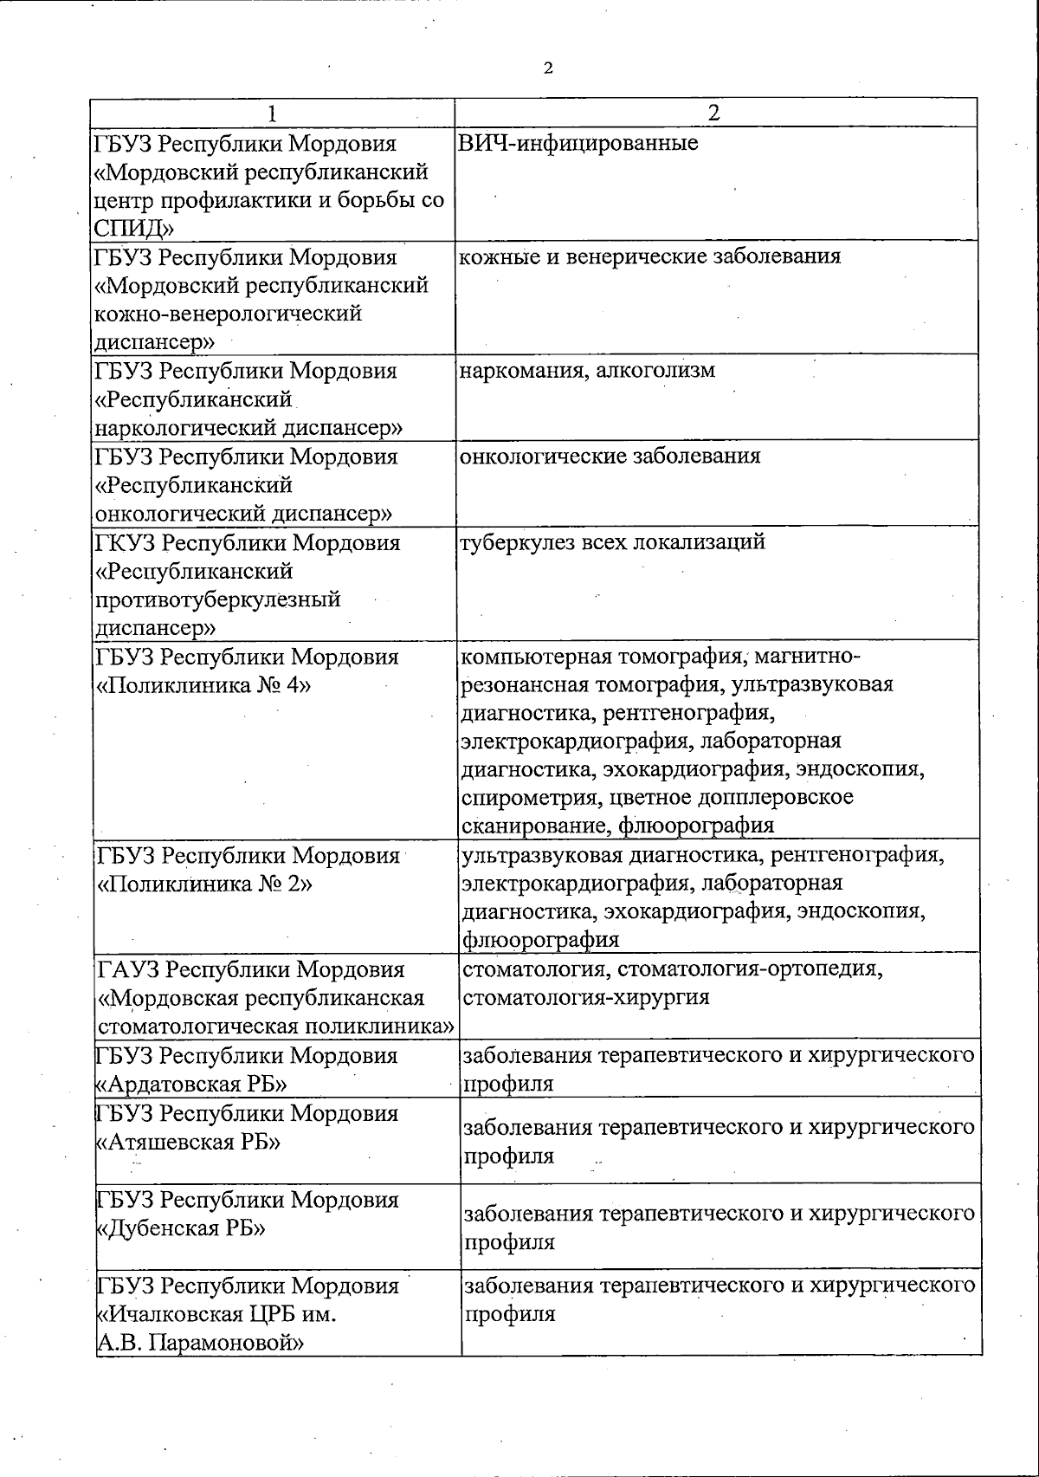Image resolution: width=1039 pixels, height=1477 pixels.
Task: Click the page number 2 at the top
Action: [548, 68]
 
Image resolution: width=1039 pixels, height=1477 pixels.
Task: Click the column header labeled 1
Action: [274, 113]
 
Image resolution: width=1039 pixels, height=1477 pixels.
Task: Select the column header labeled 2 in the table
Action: [714, 113]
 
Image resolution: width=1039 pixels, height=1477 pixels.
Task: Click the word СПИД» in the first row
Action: [135, 229]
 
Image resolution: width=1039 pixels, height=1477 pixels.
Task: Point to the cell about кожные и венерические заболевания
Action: [649, 256]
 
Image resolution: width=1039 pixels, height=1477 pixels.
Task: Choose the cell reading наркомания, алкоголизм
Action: [588, 371]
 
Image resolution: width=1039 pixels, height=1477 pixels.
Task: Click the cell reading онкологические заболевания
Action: [610, 457]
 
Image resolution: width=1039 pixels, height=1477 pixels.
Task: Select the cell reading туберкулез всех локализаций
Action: [612, 543]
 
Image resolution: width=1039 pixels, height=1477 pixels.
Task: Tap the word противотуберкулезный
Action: [218, 599]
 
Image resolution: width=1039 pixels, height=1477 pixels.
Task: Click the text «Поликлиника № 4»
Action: [203, 685]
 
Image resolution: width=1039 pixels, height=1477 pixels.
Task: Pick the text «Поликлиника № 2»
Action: [204, 884]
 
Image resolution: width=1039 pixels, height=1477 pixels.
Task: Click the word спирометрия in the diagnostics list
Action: [532, 797]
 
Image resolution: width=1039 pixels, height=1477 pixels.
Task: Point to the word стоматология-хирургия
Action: [586, 997]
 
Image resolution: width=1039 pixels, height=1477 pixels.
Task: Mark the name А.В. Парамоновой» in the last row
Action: [200, 1343]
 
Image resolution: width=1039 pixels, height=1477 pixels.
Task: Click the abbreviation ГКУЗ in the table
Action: [125, 543]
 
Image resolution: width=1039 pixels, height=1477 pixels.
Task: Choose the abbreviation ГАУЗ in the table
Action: [126, 969]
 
